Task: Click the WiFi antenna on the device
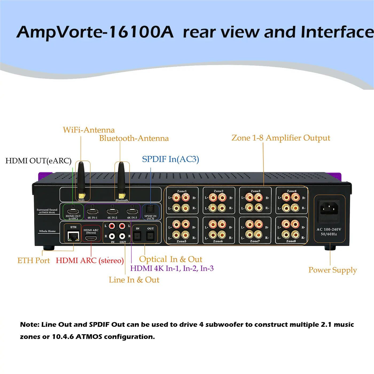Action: point(81,178)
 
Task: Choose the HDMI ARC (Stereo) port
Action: point(91,239)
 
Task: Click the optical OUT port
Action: point(150,236)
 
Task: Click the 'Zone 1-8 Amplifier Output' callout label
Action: point(281,138)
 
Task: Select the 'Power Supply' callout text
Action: point(332,270)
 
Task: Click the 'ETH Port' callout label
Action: point(34,260)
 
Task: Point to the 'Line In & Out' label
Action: point(134,280)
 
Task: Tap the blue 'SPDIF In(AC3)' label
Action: point(170,159)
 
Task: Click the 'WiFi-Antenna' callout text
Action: point(89,130)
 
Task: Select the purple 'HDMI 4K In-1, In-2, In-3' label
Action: point(172,268)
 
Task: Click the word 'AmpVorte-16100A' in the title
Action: point(95,32)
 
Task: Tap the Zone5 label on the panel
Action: point(181,241)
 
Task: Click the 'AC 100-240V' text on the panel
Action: point(329,229)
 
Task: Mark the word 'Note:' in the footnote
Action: point(29,325)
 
